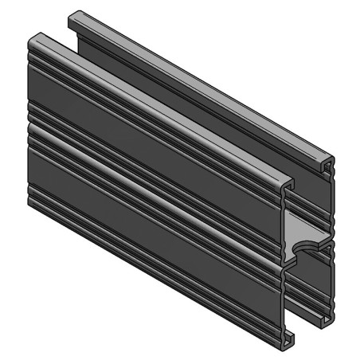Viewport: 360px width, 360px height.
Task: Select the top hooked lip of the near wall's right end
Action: (x=288, y=184)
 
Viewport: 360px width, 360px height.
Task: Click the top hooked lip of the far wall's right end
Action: (x=329, y=162)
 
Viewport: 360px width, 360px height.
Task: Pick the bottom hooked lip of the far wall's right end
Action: (x=327, y=320)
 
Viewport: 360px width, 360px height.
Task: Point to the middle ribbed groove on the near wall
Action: (x=151, y=187)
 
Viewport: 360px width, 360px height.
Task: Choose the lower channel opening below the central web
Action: (x=307, y=295)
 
